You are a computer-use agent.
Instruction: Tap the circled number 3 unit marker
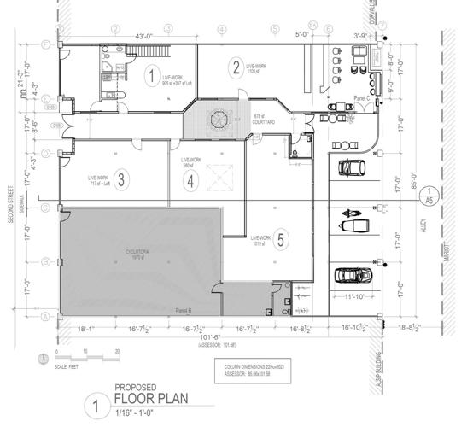[123, 179]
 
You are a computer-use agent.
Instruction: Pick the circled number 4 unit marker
[191, 180]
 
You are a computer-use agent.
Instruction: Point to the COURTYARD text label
[265, 123]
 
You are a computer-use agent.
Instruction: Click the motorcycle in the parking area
[352, 212]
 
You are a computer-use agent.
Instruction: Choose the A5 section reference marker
[433, 196]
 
